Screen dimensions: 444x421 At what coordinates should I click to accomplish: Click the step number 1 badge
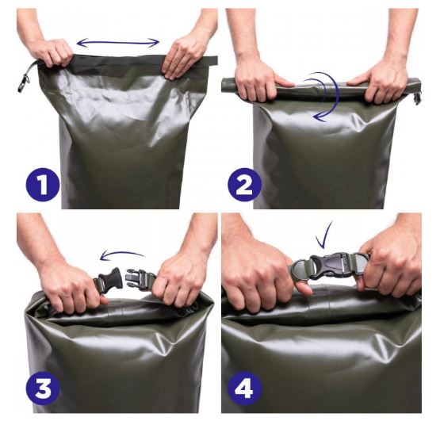[43, 184]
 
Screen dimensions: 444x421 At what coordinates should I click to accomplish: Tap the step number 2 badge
[244, 184]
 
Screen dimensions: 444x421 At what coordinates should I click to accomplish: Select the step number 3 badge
[43, 388]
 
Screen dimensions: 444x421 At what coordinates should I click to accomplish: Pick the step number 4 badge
[244, 388]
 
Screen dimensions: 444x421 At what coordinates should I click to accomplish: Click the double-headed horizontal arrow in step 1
[118, 43]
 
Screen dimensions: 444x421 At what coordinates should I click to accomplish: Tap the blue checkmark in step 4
[324, 235]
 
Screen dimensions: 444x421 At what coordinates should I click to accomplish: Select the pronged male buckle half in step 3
[139, 278]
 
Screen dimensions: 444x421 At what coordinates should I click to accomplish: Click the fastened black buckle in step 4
[331, 266]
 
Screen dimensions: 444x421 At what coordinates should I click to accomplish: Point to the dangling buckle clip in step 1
[24, 82]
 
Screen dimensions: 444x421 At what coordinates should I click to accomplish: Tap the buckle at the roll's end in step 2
[417, 97]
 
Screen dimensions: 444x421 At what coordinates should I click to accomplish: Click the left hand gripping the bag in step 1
[51, 52]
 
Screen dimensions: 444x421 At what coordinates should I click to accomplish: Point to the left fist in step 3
[71, 286]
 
